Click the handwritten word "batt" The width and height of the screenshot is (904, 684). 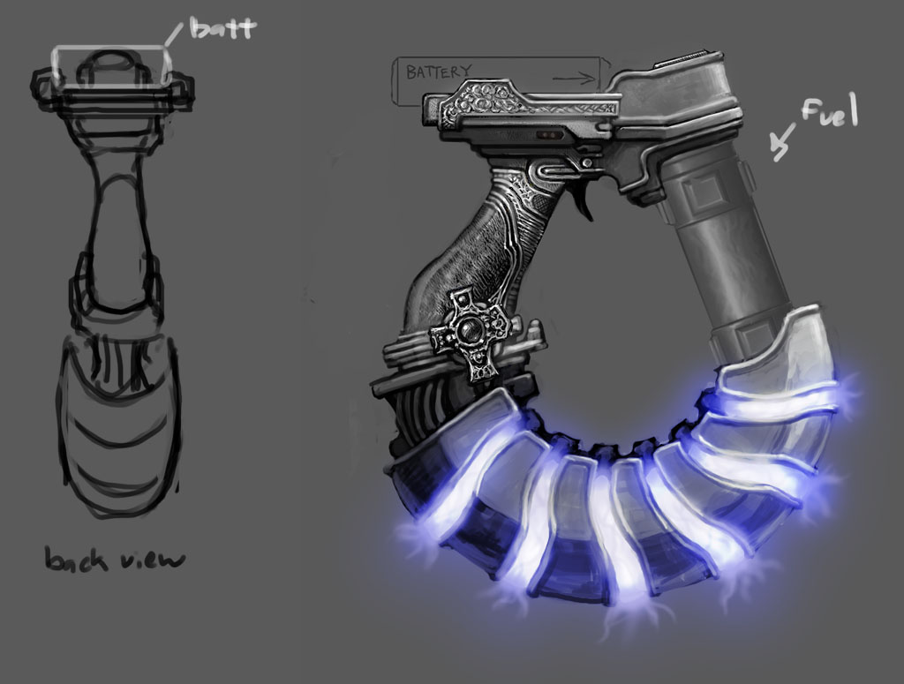click(x=222, y=27)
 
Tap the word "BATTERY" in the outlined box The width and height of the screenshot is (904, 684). click(x=438, y=71)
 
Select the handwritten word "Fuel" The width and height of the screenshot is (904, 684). click(x=829, y=113)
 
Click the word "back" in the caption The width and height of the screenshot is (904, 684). click(x=76, y=559)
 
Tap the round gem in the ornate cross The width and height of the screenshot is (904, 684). click(x=469, y=330)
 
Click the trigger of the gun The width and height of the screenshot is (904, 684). click(x=584, y=202)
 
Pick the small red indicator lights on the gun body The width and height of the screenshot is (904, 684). click(x=549, y=135)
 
